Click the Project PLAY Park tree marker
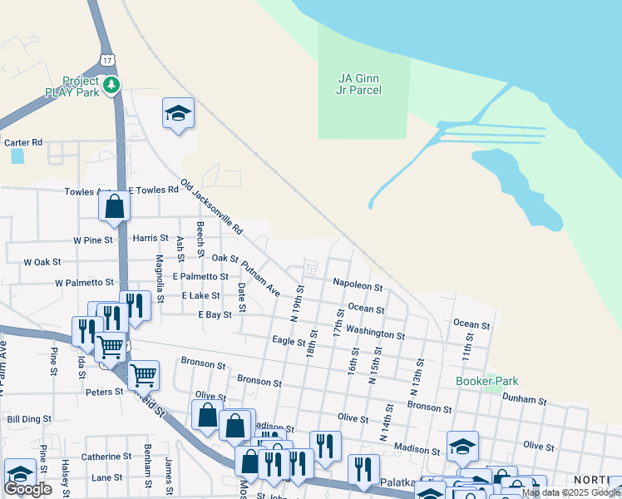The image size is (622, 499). (111, 85)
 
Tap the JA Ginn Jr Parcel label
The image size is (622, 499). (360, 84)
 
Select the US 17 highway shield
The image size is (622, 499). (106, 60)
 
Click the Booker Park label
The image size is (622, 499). (481, 381)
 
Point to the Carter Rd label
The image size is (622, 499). (23, 143)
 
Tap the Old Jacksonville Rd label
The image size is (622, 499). (212, 205)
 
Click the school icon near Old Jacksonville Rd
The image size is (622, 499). (178, 114)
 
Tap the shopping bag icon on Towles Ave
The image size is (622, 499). (115, 208)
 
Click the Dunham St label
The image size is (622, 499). (524, 400)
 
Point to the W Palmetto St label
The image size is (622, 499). (84, 283)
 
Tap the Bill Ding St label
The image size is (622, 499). (29, 419)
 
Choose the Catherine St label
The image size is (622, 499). (106, 457)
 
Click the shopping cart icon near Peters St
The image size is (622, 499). (143, 377)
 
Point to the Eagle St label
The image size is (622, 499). (289, 340)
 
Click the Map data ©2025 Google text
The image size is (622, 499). (571, 492)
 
